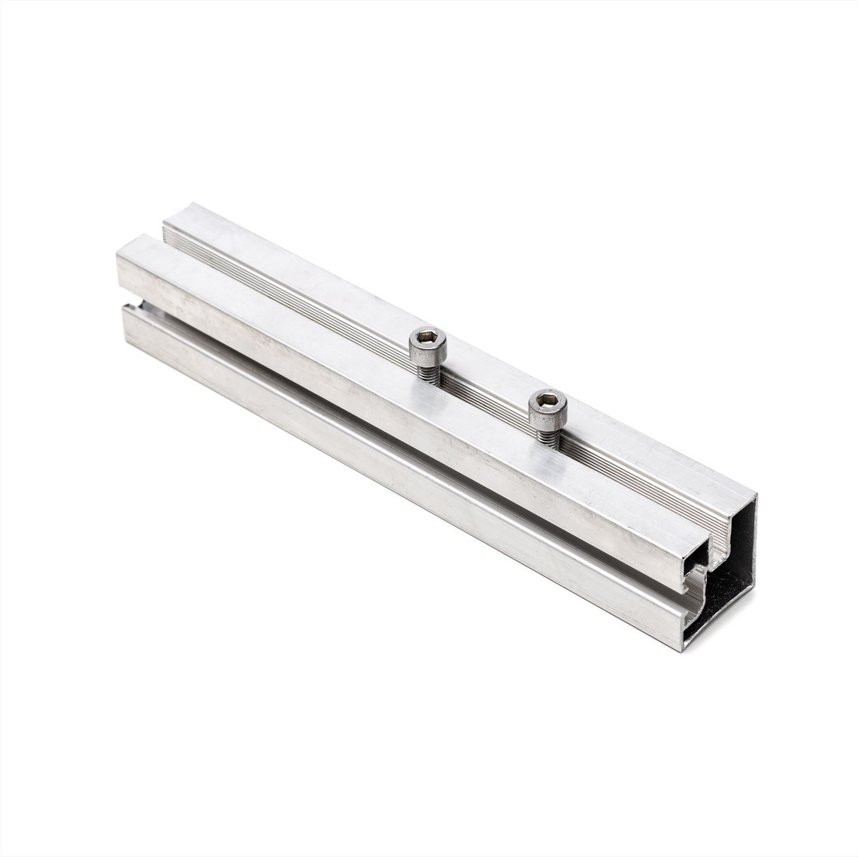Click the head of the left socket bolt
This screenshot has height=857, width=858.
428,344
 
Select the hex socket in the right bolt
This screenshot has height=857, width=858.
547,403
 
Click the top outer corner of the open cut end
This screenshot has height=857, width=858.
755,494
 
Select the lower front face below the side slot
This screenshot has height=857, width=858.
386,475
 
